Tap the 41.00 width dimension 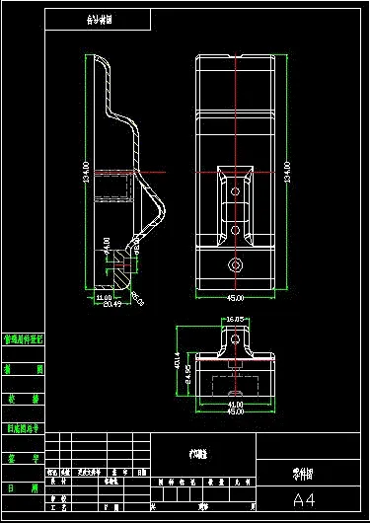[236, 404]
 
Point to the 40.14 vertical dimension [178, 363]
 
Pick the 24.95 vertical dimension [187, 378]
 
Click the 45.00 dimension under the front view [236, 298]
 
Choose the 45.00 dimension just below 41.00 [236, 411]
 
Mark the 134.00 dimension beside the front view [287, 173]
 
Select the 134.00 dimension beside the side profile [86, 173]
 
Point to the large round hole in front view [236, 264]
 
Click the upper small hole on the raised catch [236, 188]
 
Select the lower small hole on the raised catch [236, 230]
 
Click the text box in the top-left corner [98, 20]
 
